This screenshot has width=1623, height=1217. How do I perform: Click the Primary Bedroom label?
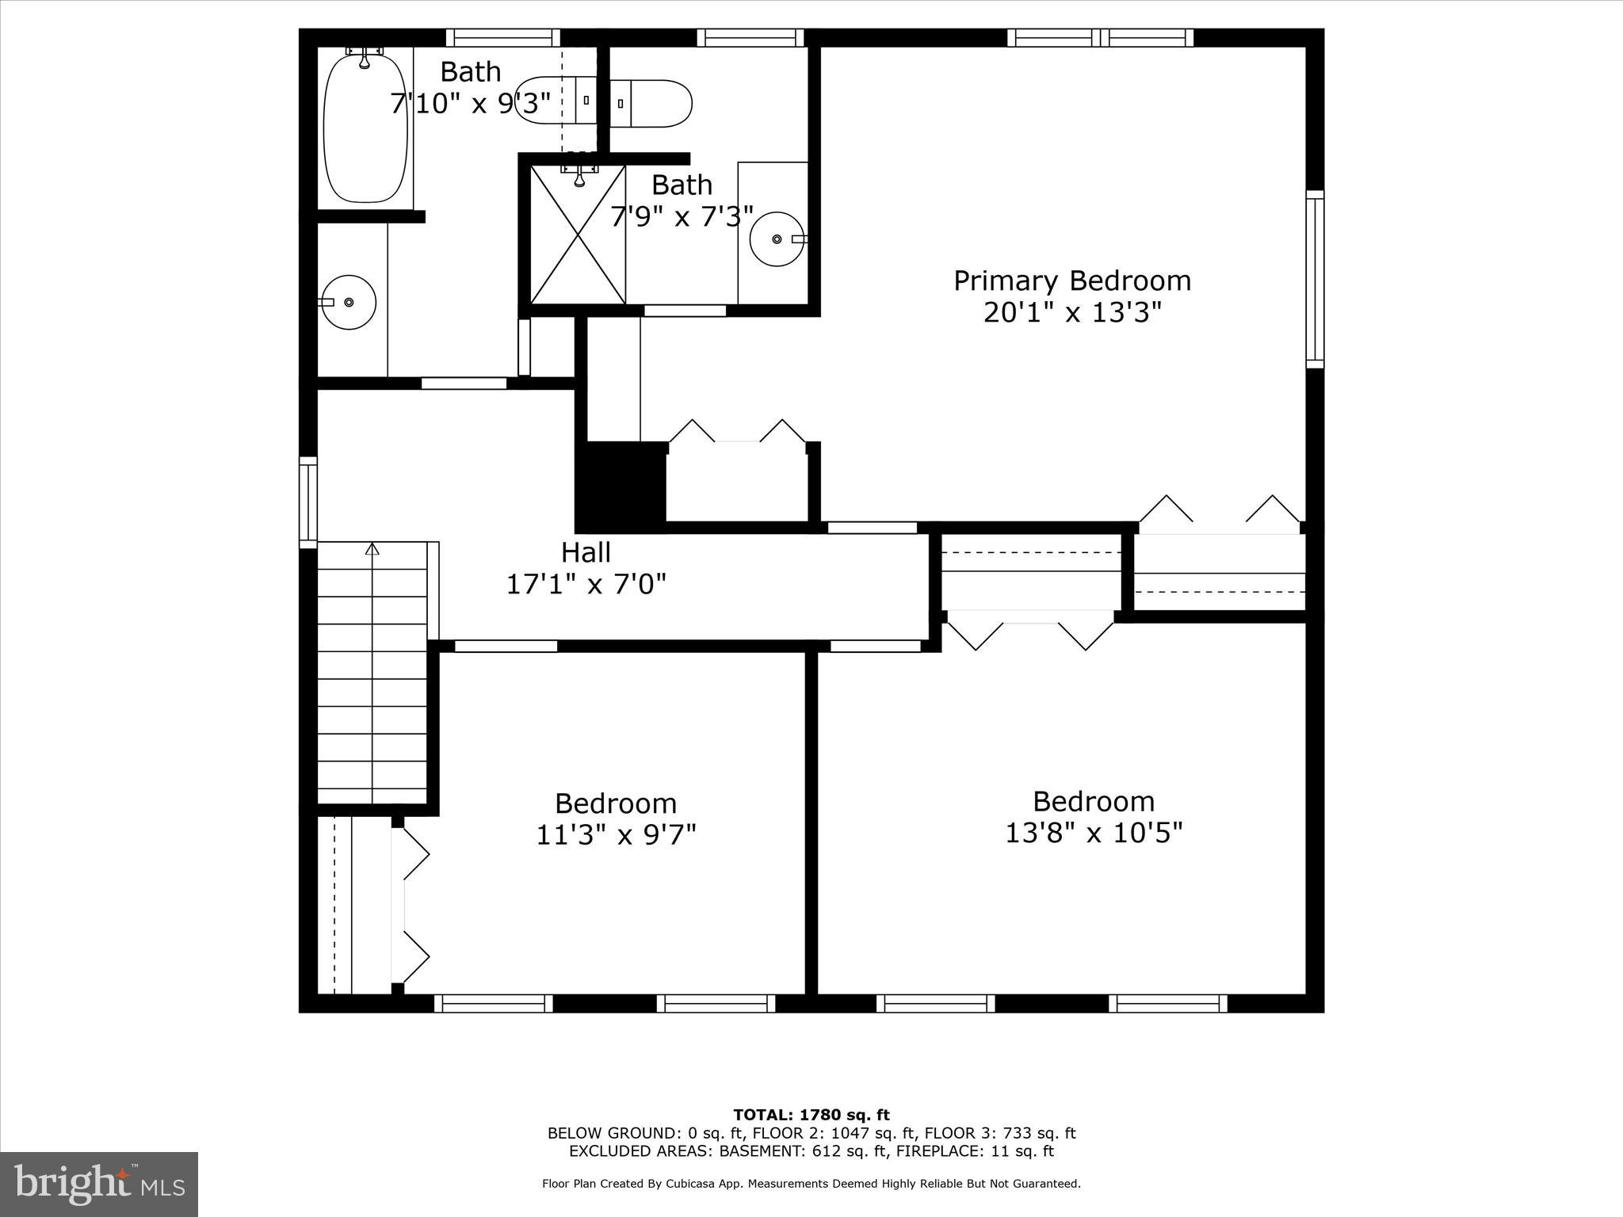[1071, 281]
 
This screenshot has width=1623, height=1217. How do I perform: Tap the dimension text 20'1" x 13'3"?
[1071, 313]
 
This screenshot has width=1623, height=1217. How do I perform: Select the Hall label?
[586, 552]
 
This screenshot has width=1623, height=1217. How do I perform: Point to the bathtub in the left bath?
[365, 127]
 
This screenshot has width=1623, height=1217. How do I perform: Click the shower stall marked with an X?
[578, 234]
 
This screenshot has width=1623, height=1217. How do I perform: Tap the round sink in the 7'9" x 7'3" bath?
[777, 238]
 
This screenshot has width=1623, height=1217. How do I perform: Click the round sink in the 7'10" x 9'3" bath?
[349, 302]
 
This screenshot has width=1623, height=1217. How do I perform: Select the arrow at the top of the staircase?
[372, 548]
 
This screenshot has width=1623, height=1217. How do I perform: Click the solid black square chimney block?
[621, 485]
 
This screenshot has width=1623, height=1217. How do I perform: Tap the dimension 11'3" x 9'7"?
[616, 835]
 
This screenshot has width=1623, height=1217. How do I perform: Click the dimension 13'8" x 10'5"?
[1093, 833]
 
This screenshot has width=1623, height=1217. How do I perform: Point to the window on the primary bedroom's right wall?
[1314, 279]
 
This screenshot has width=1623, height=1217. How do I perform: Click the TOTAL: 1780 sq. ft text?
[811, 1116]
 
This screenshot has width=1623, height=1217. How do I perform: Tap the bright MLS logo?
[99, 1185]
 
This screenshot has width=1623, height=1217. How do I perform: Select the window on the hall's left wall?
[307, 502]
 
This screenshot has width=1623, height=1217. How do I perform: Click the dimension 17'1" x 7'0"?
[586, 585]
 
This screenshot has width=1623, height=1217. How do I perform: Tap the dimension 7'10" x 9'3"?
[470, 104]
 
